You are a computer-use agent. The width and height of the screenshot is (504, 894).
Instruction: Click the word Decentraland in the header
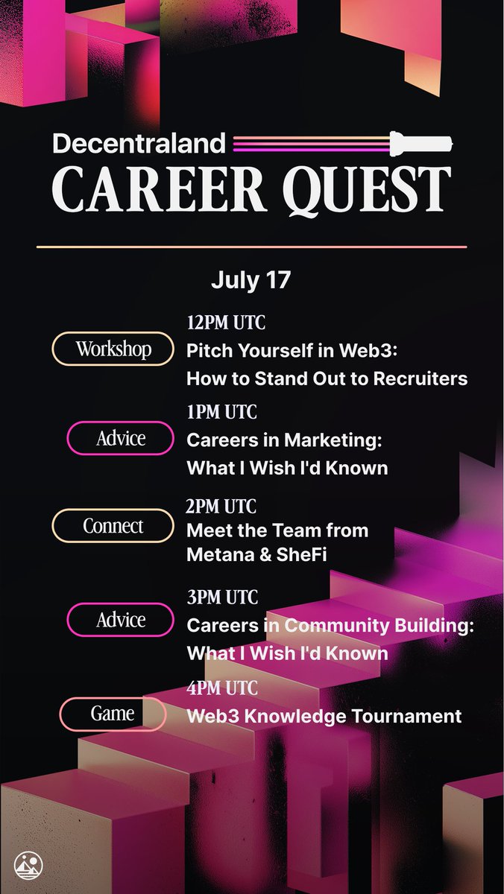click(139, 144)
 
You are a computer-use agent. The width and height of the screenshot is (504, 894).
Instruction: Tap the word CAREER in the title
click(159, 188)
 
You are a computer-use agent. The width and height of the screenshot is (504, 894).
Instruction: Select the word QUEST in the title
click(367, 190)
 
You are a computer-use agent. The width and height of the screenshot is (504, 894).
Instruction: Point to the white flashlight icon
click(421, 143)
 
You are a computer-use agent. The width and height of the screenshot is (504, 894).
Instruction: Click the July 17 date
click(251, 280)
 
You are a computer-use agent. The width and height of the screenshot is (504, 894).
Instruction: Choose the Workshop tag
click(113, 349)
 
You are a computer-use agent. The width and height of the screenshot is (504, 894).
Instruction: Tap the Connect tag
click(113, 526)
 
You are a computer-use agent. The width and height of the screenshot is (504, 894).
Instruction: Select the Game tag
click(113, 714)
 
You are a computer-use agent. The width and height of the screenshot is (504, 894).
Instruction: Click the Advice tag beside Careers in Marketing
click(120, 438)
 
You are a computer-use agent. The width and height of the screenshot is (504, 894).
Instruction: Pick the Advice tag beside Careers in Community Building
click(120, 620)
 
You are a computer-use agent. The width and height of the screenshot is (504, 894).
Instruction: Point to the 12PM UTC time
click(226, 323)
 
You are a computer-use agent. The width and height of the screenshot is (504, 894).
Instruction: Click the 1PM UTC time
click(222, 412)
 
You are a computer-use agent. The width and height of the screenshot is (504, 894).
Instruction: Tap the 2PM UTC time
click(221, 507)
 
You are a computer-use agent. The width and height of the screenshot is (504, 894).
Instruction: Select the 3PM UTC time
click(222, 597)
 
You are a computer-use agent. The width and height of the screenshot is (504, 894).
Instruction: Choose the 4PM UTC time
click(222, 688)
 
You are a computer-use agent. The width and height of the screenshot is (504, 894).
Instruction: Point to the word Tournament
click(406, 716)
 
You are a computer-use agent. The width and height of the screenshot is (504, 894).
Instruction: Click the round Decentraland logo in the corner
click(28, 866)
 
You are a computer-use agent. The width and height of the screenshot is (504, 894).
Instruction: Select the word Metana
click(218, 554)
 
